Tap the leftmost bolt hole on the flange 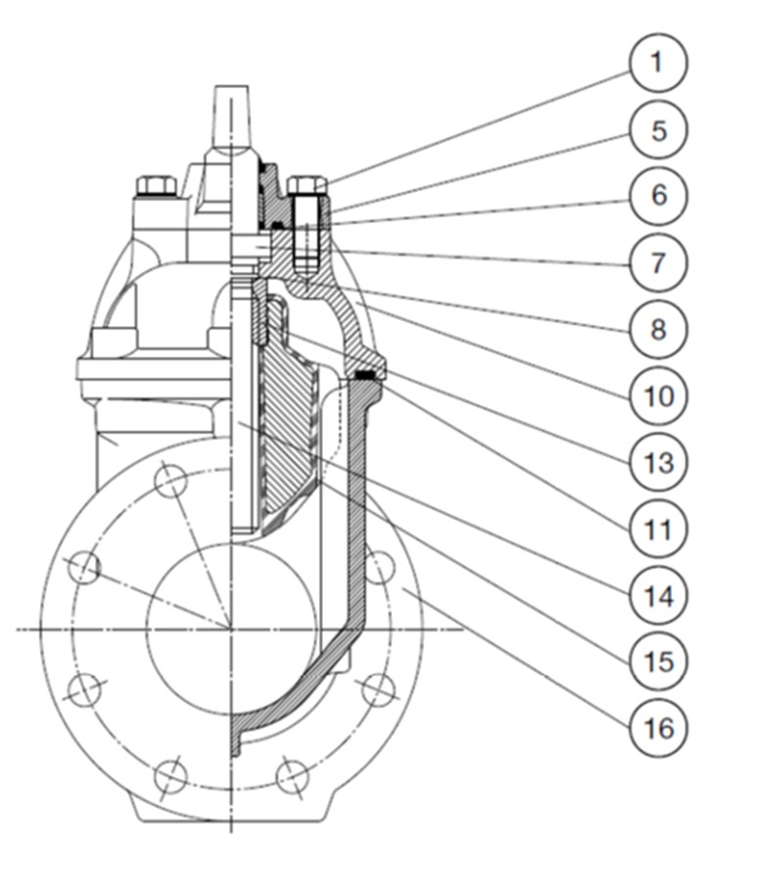pos(85,567)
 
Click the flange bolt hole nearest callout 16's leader pos(378,567)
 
